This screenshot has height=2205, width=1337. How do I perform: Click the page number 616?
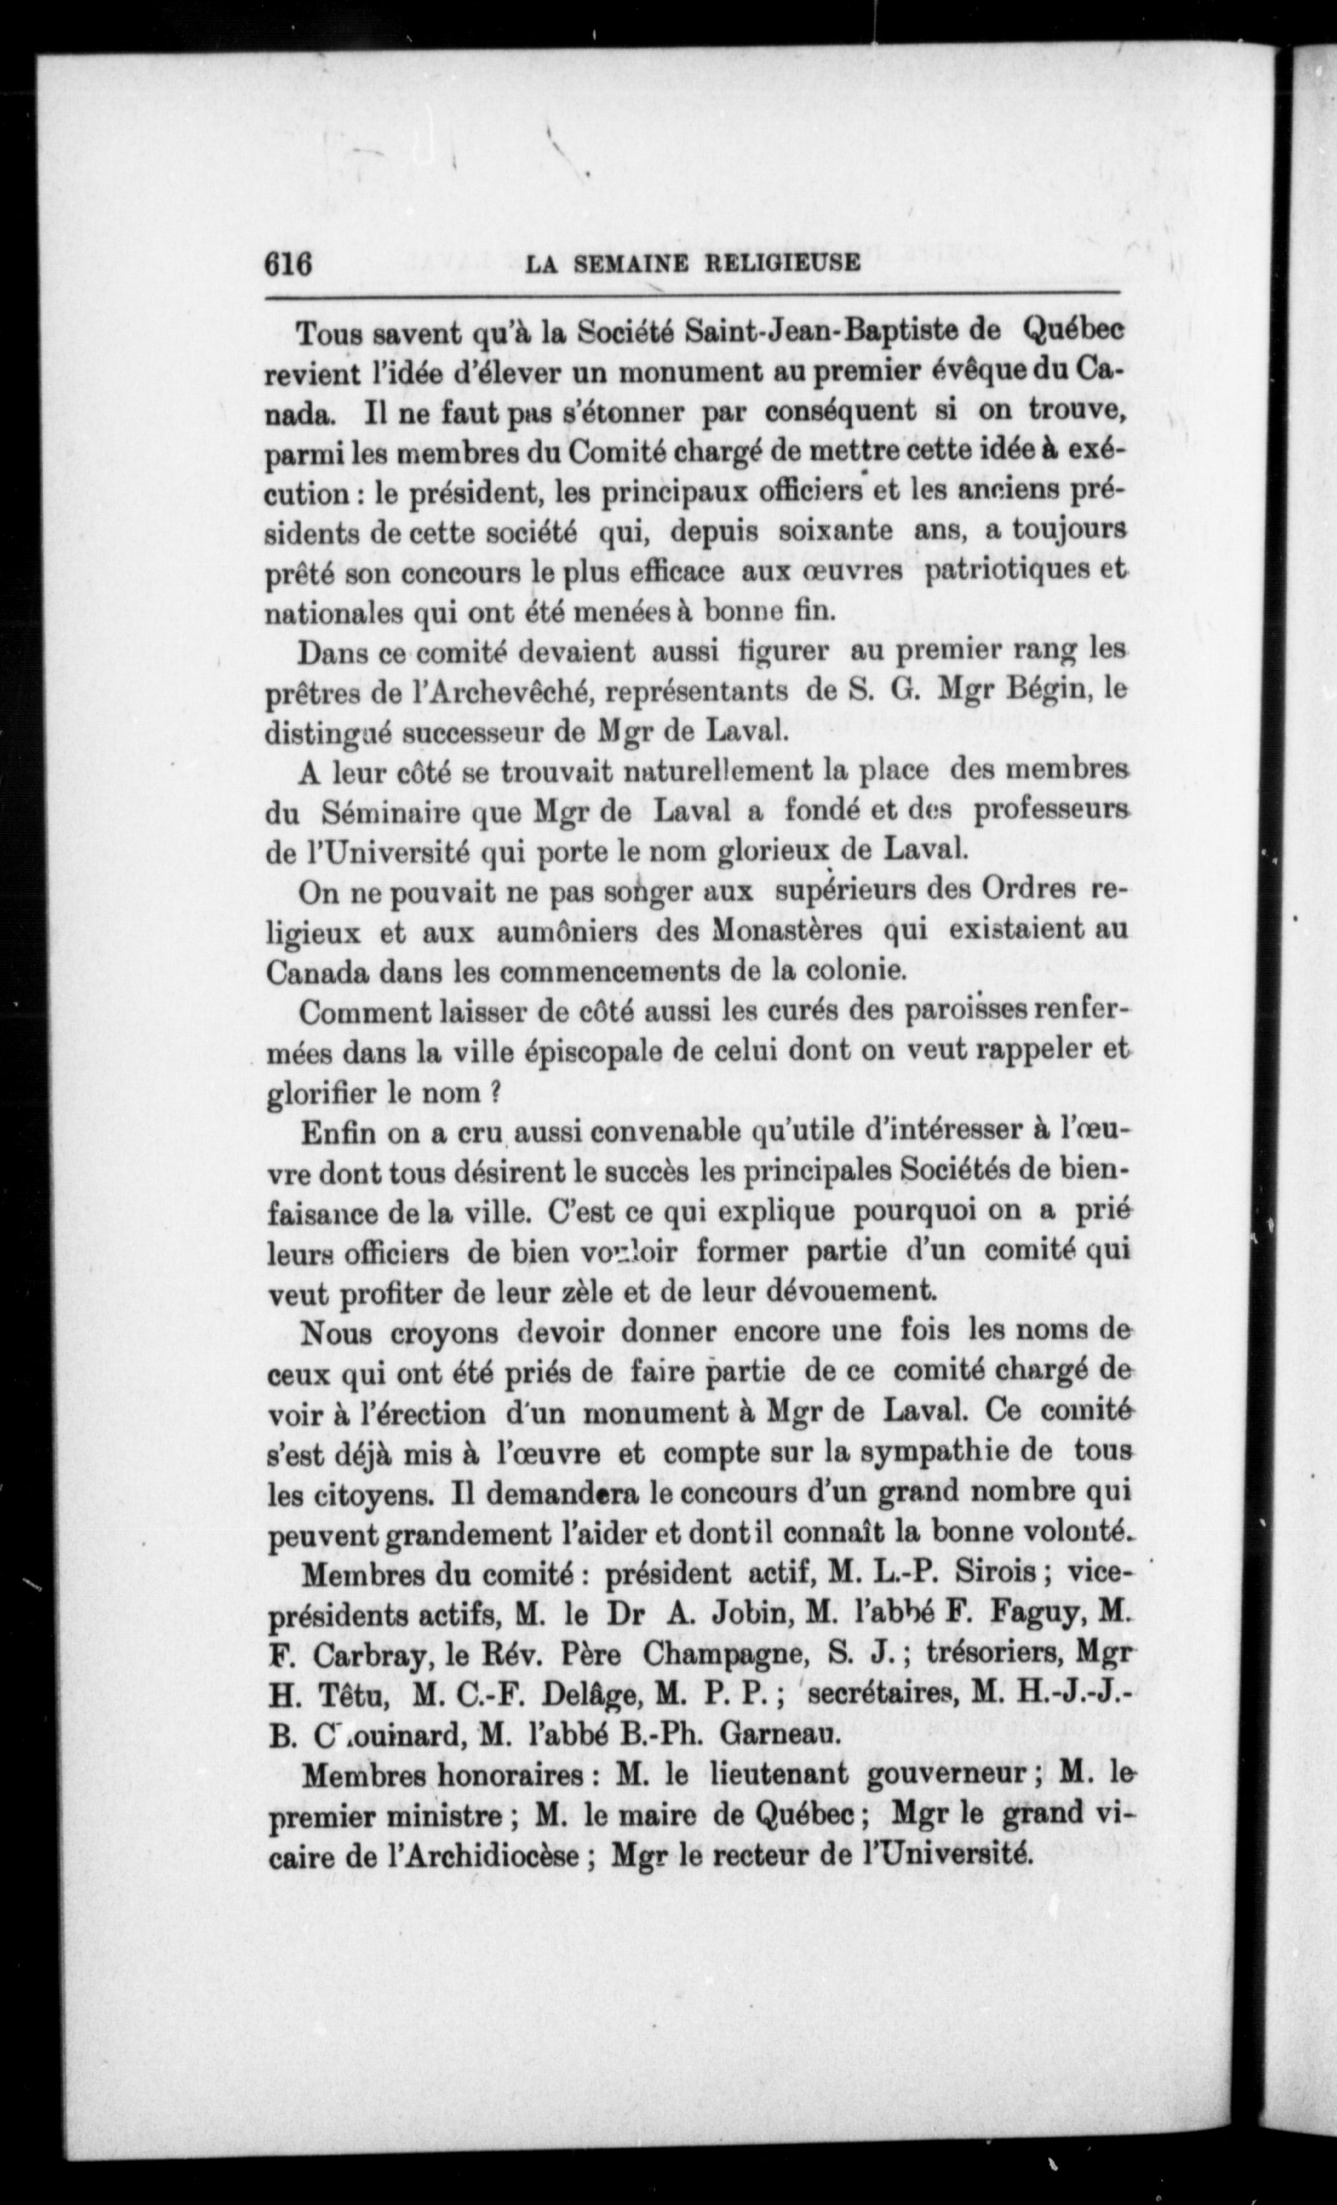click(287, 264)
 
